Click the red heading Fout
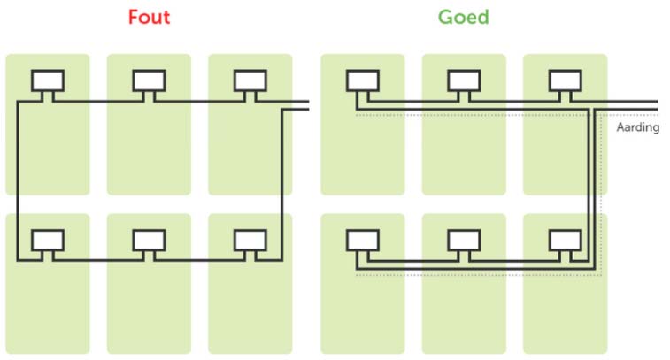pos(149,18)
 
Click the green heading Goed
pos(463,18)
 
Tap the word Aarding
pos(637,126)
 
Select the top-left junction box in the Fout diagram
pos(48,80)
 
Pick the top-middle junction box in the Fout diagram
pos(149,80)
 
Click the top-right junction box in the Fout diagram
pos(250,80)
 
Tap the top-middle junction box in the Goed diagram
pos(464,80)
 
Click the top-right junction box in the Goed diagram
pos(565,80)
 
